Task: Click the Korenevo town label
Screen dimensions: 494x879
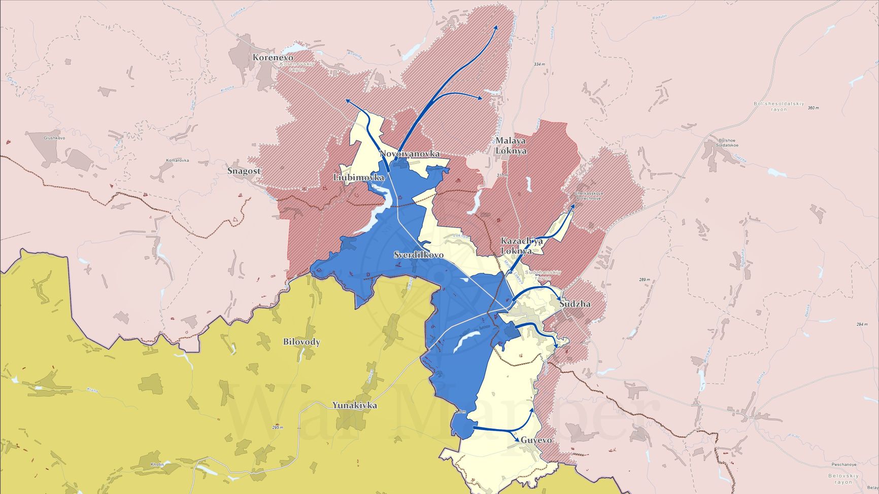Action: pos(273,58)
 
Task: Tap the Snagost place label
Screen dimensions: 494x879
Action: pos(244,171)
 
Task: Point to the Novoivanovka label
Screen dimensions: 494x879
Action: pos(410,154)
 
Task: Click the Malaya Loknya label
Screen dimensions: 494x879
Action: pos(511,146)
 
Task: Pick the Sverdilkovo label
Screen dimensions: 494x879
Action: pos(419,255)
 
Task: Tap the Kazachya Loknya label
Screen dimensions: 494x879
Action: pos(522,246)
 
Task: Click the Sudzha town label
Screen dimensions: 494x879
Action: pos(575,304)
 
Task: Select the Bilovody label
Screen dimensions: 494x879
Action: pos(301,342)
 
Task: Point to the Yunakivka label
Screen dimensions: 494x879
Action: pos(355,405)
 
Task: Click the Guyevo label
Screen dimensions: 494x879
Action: pos(536,440)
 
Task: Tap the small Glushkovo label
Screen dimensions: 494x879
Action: pos(54,138)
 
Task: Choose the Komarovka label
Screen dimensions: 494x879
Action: pos(178,160)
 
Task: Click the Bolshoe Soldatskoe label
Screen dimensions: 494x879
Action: pos(727,143)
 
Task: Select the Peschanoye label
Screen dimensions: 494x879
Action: pos(844,464)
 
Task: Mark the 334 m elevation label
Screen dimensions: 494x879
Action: pos(539,64)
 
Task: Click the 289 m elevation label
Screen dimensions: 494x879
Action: pos(645,280)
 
